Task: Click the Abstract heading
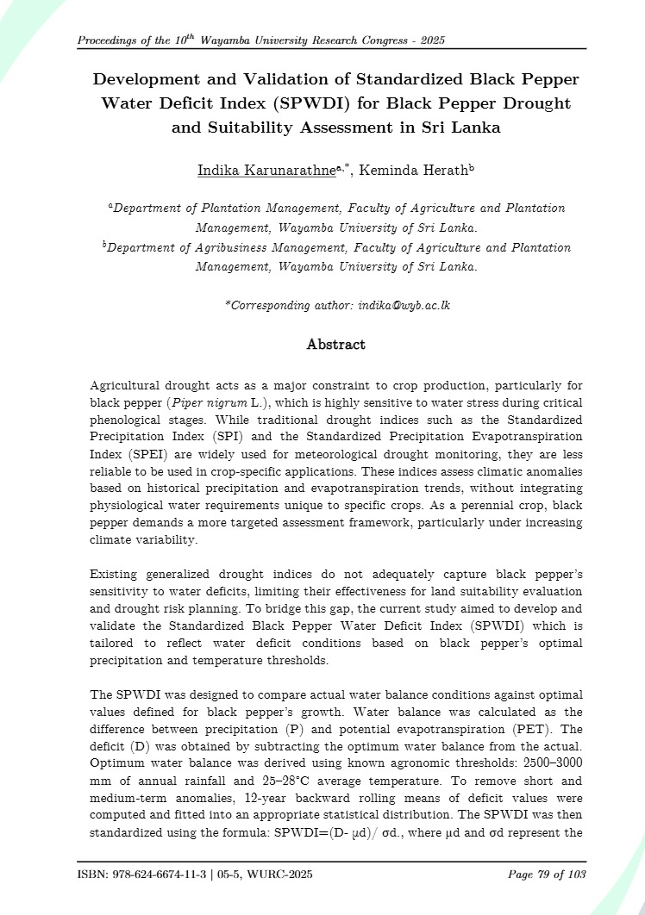pyautogui.click(x=336, y=345)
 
